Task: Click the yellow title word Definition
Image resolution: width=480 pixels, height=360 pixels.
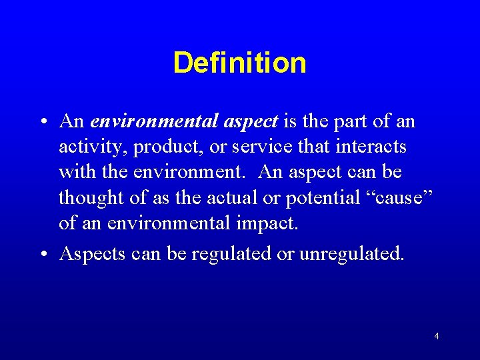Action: click(x=239, y=63)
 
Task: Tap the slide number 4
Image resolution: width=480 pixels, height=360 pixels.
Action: click(x=437, y=337)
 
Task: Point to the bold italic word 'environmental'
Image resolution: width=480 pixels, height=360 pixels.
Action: click(x=155, y=121)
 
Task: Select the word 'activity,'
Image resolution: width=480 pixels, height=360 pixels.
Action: click(x=85, y=147)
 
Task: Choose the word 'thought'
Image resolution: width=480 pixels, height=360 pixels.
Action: click(x=87, y=197)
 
